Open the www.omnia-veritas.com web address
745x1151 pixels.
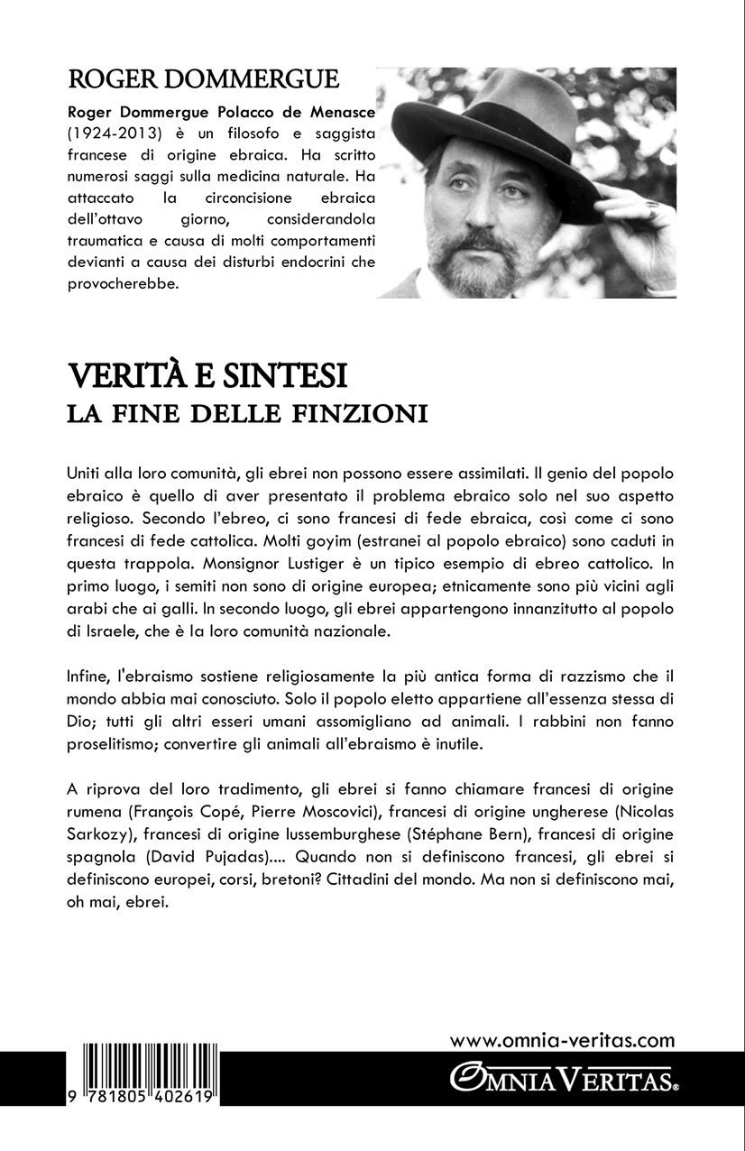[562, 1041]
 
